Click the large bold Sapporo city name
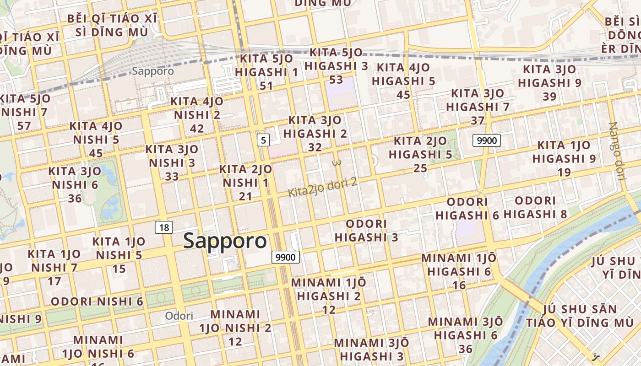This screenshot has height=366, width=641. point(225,241)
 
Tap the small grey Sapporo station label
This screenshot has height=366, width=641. point(153,71)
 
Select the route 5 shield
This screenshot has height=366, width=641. point(263,140)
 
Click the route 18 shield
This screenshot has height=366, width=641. point(164,227)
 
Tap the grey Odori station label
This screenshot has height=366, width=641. point(179,316)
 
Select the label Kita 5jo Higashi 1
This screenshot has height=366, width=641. point(266,72)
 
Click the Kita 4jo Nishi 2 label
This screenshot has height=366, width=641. point(197,114)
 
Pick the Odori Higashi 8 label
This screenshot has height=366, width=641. point(535,207)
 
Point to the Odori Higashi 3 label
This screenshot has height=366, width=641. point(366,231)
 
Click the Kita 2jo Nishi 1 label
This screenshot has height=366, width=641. point(245,183)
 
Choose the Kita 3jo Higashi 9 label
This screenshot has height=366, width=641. point(549,83)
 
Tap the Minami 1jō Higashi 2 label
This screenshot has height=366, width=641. point(329,296)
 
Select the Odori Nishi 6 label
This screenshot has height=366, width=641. point(97,301)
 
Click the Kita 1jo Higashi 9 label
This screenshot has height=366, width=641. point(564,158)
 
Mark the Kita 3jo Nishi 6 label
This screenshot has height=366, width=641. point(75,184)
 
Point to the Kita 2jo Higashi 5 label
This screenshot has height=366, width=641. point(420,154)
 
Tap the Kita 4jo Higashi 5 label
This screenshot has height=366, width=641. point(403,81)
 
